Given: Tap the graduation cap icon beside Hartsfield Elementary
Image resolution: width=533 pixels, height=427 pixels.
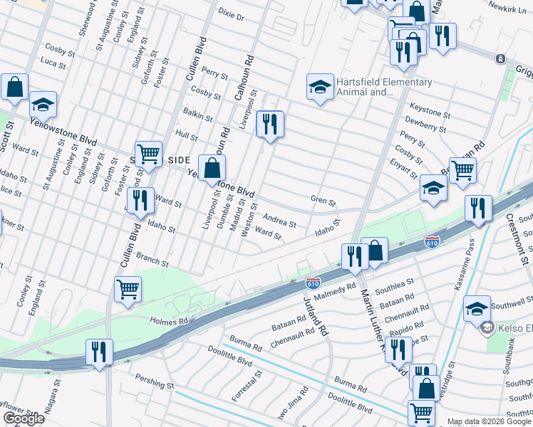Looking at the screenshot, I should [320, 88].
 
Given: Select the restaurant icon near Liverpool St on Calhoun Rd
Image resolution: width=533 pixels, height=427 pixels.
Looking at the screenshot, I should [270, 124].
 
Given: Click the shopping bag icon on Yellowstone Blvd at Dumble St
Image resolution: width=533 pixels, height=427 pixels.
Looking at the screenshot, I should [212, 169].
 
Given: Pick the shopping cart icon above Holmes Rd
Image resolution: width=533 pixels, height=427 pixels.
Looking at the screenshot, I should [128, 290].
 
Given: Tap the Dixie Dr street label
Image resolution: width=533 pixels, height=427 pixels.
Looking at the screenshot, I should [231, 14].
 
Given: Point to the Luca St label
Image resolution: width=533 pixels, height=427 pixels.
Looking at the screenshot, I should [53, 64].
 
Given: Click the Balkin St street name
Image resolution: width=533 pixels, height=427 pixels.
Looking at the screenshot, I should [197, 115].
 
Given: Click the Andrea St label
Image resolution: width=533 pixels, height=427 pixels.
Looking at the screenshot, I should [279, 221].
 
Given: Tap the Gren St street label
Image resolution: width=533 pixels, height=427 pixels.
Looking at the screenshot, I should [322, 201].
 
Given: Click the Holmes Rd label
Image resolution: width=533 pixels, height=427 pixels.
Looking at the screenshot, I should [168, 321].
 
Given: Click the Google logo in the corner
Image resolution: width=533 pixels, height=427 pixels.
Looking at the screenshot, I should [24, 418].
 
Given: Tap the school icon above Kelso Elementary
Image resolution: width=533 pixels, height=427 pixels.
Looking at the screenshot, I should [477, 309].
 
